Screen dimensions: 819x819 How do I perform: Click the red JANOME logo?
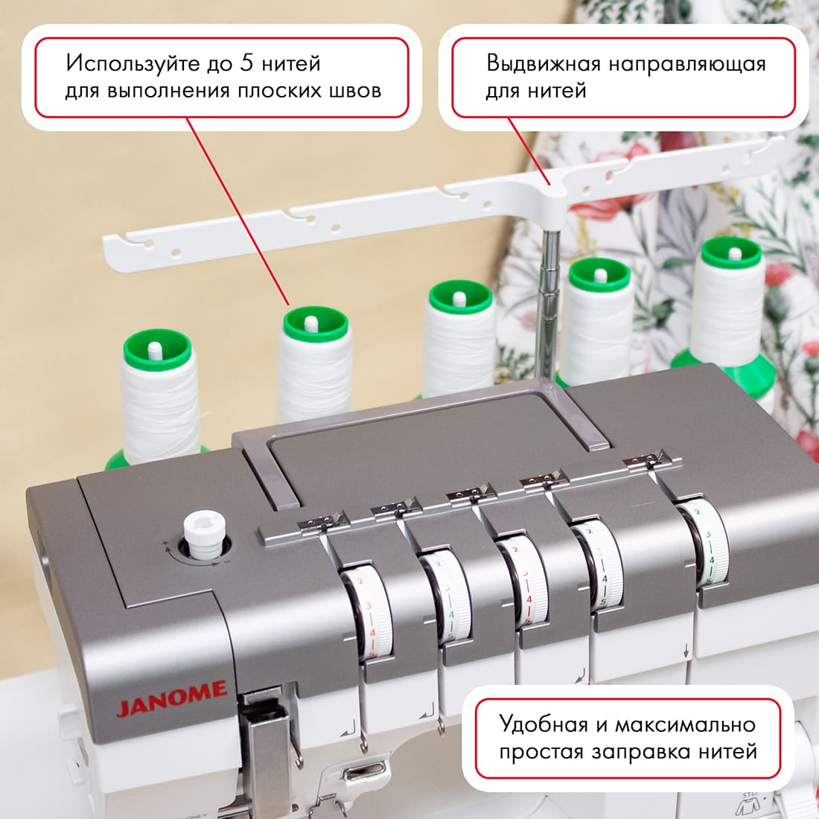click(x=171, y=699)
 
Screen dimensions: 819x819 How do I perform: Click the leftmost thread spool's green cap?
click(x=157, y=349)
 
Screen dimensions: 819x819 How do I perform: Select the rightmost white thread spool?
click(x=730, y=304)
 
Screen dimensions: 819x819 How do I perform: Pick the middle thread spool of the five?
click(x=459, y=340)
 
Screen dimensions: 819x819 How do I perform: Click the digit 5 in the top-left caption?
click(x=246, y=63)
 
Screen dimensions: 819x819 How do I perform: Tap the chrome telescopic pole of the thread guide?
click(x=548, y=303)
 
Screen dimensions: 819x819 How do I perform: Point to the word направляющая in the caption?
click(x=687, y=65)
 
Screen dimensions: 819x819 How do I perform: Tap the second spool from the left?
click(x=314, y=364)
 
